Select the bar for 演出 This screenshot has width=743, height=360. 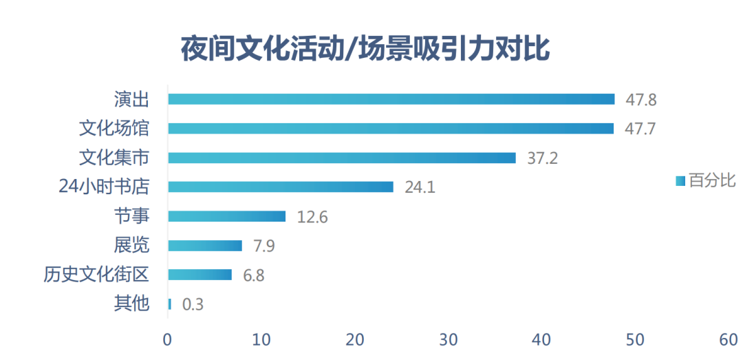pyautogui.click(x=391, y=99)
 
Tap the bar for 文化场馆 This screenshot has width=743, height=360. pyautogui.click(x=391, y=128)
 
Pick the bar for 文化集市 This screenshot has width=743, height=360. pyautogui.click(x=342, y=158)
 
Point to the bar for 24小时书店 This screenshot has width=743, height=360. pyautogui.click(x=281, y=187)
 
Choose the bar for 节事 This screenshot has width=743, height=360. pyautogui.click(x=226, y=216)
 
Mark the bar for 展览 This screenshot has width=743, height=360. pyautogui.click(x=205, y=246)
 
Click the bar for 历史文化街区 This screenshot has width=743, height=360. pyautogui.click(x=200, y=275)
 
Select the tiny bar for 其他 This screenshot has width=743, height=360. pyautogui.click(x=169, y=304)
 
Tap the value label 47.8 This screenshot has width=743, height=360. pyautogui.click(x=640, y=100)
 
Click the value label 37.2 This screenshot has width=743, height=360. pyautogui.click(x=542, y=158)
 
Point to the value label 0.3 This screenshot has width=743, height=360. pyautogui.click(x=193, y=304)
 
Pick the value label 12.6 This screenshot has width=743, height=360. pyautogui.click(x=312, y=217)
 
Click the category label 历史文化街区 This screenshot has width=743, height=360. pyautogui.click(x=96, y=275)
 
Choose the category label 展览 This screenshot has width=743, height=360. pyautogui.click(x=131, y=246)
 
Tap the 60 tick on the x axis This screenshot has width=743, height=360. pyautogui.click(x=728, y=340)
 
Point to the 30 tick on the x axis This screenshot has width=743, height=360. pyautogui.click(x=448, y=340)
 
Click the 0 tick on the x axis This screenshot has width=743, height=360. pyautogui.click(x=167, y=340)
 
